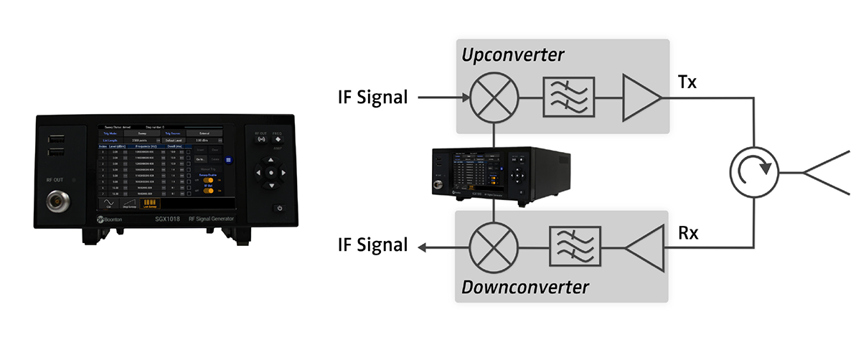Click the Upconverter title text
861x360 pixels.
[512, 55]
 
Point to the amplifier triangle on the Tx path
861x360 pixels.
[640, 97]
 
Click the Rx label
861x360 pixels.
[690, 232]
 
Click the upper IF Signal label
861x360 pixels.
[372, 97]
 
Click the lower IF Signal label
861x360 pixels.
[372, 246]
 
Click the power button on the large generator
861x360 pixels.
[279, 208]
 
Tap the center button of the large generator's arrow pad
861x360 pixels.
[270, 173]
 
